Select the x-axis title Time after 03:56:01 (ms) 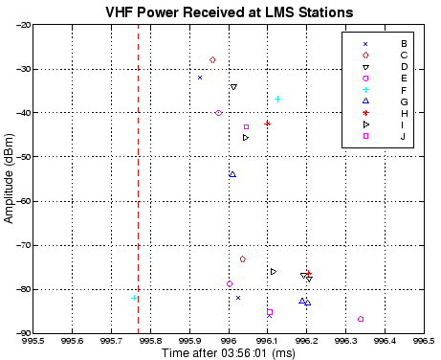click(x=229, y=353)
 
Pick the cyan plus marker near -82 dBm click(x=134, y=298)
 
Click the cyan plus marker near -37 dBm click(x=277, y=100)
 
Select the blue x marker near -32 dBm click(x=200, y=78)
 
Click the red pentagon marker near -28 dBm click(x=212, y=60)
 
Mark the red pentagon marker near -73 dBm click(x=242, y=259)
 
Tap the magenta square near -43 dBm click(x=246, y=126)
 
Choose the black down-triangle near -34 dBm click(x=233, y=87)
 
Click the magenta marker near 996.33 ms click(x=361, y=319)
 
